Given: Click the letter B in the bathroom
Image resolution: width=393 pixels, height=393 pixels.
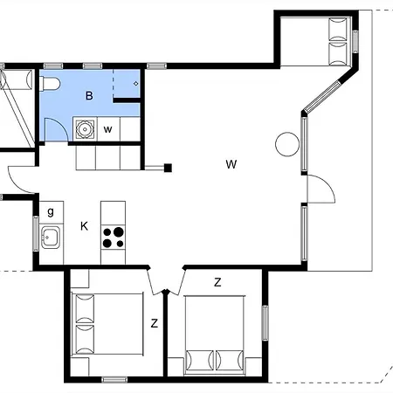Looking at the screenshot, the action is point(89,95).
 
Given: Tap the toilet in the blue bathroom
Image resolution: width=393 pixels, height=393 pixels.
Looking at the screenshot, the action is point(50,84).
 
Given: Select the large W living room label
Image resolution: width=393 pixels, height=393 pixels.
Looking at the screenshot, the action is point(231,164).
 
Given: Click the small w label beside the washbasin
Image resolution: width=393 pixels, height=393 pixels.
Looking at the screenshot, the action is point(107,129).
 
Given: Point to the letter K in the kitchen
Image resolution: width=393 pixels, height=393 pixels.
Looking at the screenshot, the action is point(84,226).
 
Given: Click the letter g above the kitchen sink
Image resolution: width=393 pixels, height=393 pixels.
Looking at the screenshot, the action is point(51,212).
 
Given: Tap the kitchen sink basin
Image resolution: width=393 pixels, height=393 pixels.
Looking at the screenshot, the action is point(51,238).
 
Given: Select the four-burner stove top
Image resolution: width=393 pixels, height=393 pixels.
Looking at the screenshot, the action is point(114,238).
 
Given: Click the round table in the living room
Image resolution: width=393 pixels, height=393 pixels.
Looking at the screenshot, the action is point(287,144).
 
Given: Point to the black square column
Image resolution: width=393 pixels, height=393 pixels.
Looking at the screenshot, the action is point(168,168).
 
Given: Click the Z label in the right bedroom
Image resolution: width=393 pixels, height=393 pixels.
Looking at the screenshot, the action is point(217,282).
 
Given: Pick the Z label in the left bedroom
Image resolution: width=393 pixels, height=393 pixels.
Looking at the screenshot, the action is point(155,323).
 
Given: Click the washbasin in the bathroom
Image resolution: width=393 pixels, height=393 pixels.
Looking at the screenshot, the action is point(85,129).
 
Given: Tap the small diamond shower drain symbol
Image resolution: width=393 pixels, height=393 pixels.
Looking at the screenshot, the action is point(135,84).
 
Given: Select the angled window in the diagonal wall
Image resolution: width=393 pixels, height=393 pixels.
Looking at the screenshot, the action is point(322,95).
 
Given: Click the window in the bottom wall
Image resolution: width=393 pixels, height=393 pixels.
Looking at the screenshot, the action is point(114,380).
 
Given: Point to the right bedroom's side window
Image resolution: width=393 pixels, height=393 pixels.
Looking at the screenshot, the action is point(265,323).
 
